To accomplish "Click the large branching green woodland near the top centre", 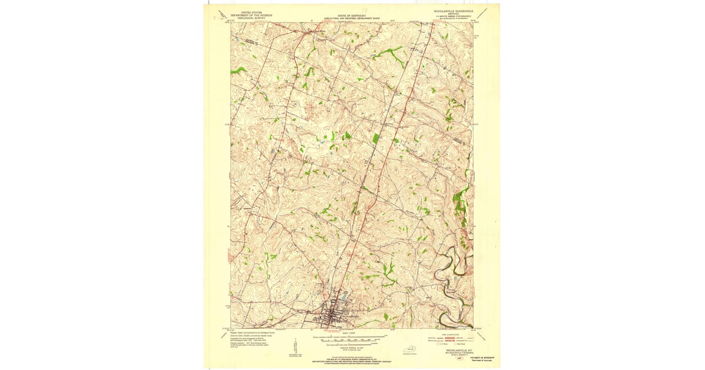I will coord(391,55).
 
